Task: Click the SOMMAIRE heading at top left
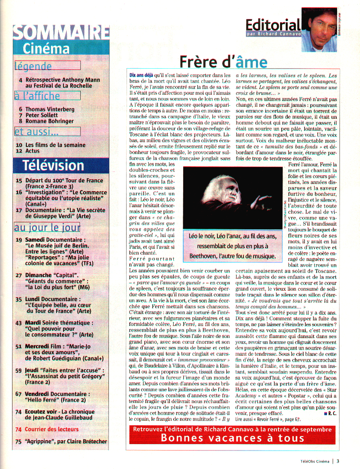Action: coord(61,33)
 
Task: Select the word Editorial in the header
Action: coord(273,25)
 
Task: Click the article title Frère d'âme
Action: coord(223,62)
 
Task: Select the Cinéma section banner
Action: coord(46,49)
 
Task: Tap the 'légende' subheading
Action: coord(33,66)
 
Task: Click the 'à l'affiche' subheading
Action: coord(37,96)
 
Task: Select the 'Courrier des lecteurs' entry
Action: coord(52,429)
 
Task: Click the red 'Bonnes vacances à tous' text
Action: coord(232,438)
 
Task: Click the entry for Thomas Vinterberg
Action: coord(50,109)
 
